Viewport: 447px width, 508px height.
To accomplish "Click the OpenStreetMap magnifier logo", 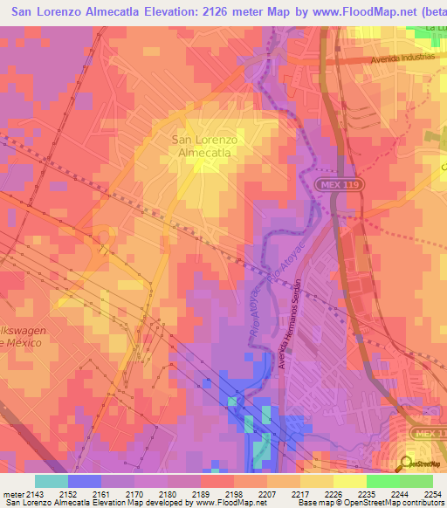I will click(x=406, y=463).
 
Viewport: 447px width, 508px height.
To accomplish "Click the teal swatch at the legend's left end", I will click(x=51, y=481).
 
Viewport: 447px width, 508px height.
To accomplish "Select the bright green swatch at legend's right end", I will click(x=416, y=481).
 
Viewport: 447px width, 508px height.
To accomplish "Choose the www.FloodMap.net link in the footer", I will click(x=230, y=503).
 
